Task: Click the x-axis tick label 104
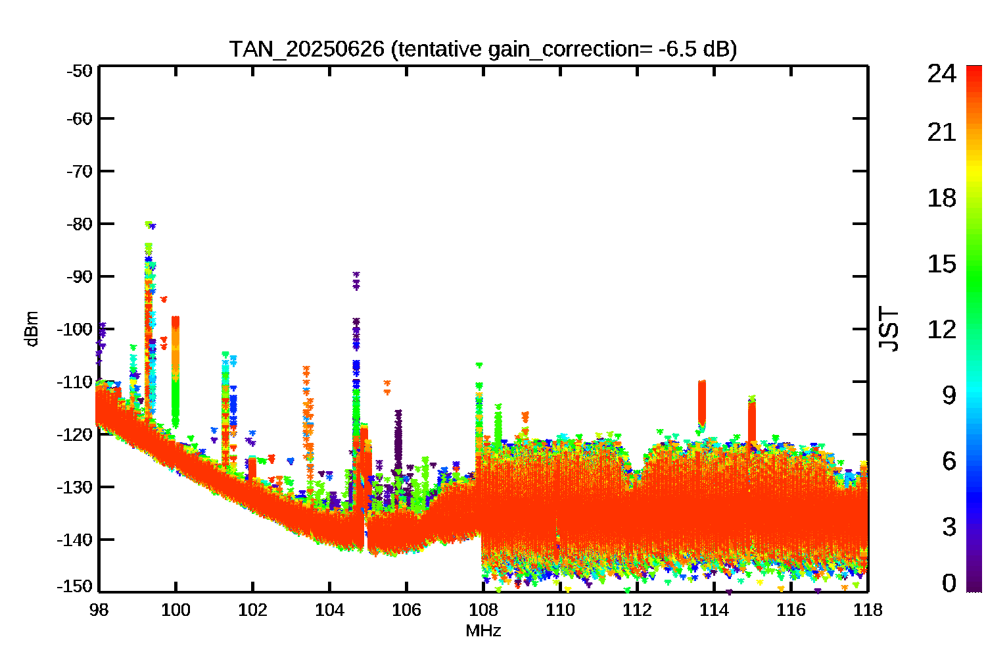[x=329, y=610]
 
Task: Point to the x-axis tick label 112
[x=637, y=610]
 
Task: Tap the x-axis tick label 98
[x=99, y=610]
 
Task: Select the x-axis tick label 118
[x=868, y=610]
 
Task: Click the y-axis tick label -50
[x=80, y=70]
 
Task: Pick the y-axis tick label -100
[x=75, y=329]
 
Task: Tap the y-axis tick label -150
[x=75, y=586]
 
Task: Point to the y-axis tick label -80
[x=80, y=224]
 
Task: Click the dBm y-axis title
[x=32, y=329]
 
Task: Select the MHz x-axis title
[x=483, y=631]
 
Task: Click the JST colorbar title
[x=889, y=329]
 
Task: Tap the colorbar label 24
[x=942, y=74]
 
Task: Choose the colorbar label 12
[x=942, y=330]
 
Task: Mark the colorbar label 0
[x=949, y=583]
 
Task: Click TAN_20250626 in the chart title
[x=307, y=49]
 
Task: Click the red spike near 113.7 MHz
[x=701, y=403]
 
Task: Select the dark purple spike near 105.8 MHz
[x=398, y=441]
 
